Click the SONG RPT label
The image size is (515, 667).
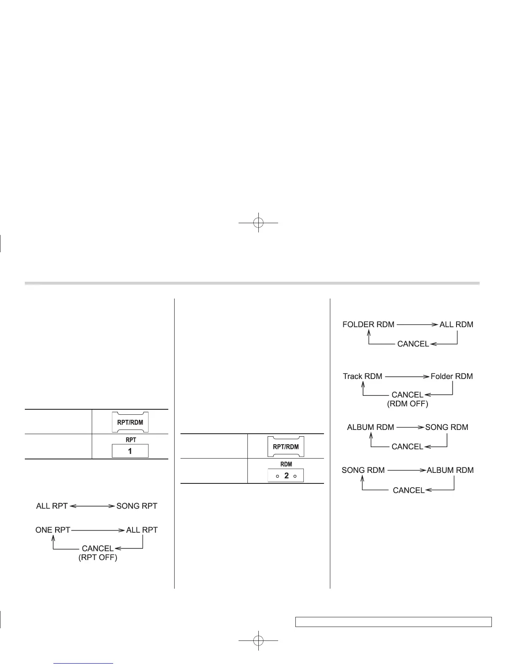pos(137,506)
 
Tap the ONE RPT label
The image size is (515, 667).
pos(53,530)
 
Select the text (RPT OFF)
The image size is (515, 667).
pos(98,558)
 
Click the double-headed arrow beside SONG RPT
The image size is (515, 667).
pos(92,506)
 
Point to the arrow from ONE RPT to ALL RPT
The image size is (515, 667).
pos(98,530)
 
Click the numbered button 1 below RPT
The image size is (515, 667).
pos(130,451)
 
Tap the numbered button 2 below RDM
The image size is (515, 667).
pos(286,476)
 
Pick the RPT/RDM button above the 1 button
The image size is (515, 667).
pos(130,422)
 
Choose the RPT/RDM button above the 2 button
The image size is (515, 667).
pos(286,446)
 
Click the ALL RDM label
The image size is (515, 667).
pos(456,325)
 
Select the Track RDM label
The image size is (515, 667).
pos(362,376)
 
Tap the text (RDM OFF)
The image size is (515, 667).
pos(407,404)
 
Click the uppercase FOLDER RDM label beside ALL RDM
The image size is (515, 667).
pos(369,325)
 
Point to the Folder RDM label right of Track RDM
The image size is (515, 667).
pos(451,376)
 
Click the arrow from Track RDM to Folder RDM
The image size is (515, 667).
pos(406,376)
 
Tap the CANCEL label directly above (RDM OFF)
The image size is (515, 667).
pos(407,395)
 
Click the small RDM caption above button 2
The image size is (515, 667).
pos(286,464)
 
